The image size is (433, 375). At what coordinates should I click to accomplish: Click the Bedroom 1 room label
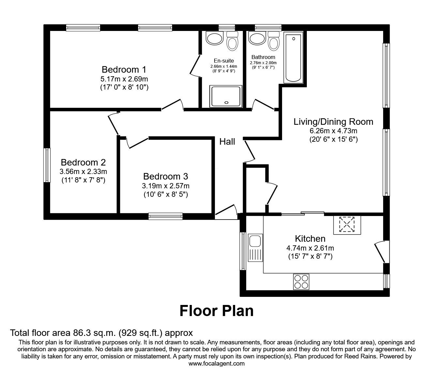coord(124,69)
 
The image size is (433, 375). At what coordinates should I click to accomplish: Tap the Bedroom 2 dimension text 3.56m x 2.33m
coord(83,171)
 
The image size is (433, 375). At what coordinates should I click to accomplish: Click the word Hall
coord(227,141)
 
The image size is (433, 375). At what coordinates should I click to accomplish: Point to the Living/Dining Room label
coord(333,122)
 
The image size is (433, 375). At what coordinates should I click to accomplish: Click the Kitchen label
coord(310,238)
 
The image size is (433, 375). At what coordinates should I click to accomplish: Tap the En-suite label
coord(224,61)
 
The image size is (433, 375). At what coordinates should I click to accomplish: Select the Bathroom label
coord(263,57)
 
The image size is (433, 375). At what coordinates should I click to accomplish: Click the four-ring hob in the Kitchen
coord(301,281)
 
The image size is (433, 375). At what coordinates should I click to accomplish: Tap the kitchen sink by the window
coord(255,248)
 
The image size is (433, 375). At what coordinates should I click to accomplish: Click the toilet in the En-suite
coord(232,41)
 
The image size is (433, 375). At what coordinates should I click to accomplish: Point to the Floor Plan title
coord(216,310)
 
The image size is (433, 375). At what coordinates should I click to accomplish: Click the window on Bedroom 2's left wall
coord(47,165)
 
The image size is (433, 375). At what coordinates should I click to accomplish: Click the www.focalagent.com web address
coord(216,364)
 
